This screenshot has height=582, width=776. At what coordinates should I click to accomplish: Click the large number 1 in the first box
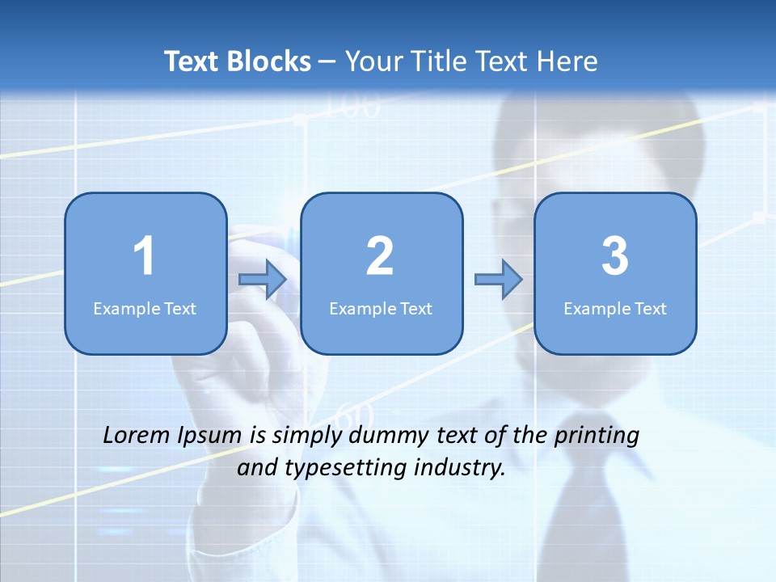click(x=144, y=256)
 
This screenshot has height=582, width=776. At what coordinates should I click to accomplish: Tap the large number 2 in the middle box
click(x=380, y=256)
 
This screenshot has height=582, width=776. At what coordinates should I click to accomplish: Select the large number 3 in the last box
click(x=615, y=256)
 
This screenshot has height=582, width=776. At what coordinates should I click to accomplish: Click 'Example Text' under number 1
click(x=145, y=308)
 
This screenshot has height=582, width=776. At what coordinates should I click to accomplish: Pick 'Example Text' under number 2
click(x=381, y=308)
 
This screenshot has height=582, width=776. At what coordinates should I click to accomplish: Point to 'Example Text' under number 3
click(x=615, y=308)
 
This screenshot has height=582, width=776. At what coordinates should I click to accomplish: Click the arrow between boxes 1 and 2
click(x=263, y=280)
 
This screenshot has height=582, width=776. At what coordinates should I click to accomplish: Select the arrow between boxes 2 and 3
click(x=498, y=280)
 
